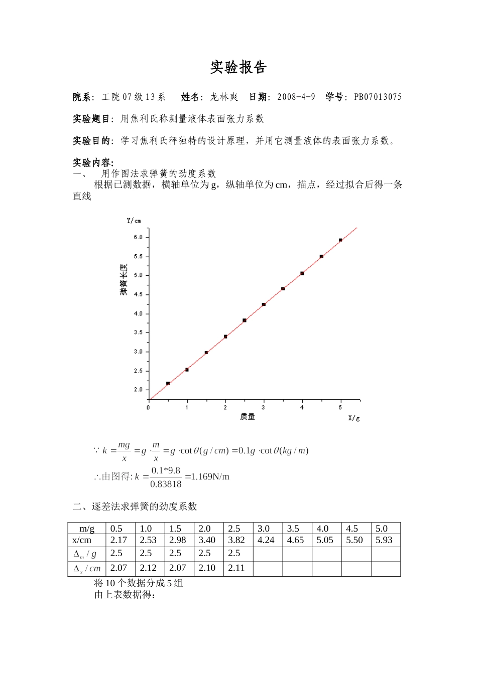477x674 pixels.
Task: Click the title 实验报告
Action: tap(238, 67)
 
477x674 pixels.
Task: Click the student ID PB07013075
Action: tap(378, 97)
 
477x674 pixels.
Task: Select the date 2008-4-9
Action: tap(296, 97)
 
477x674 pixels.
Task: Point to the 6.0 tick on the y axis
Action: tap(138, 237)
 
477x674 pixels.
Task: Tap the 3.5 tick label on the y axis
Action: tap(138, 332)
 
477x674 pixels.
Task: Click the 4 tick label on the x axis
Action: tap(302, 407)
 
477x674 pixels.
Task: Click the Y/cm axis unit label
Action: tap(134, 221)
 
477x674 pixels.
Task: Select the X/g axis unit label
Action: tap(354, 418)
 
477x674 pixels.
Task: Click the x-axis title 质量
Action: tap(248, 416)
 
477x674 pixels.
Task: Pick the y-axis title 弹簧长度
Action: tap(124, 279)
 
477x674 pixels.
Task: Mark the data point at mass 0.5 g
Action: tap(168, 383)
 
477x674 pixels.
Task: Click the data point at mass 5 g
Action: tap(340, 240)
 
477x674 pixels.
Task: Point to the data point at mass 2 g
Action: tap(225, 336)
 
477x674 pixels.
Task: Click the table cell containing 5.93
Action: tap(384, 540)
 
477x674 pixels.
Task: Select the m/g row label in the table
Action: tap(87, 529)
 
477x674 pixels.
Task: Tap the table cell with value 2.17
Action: tap(118, 540)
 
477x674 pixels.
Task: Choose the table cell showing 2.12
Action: tap(148, 568)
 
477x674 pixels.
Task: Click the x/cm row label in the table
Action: tap(82, 540)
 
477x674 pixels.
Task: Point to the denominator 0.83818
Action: tap(166, 484)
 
